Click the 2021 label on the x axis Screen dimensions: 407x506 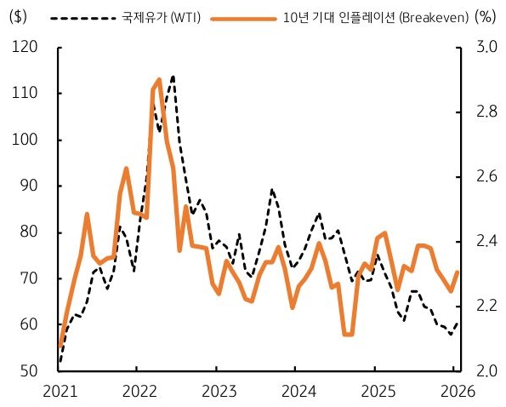point(60,392)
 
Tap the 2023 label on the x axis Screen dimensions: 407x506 point(216,392)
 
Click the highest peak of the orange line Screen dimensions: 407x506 point(159,79)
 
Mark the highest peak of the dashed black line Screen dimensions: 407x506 point(173,76)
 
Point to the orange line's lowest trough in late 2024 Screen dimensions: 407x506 point(348,335)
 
